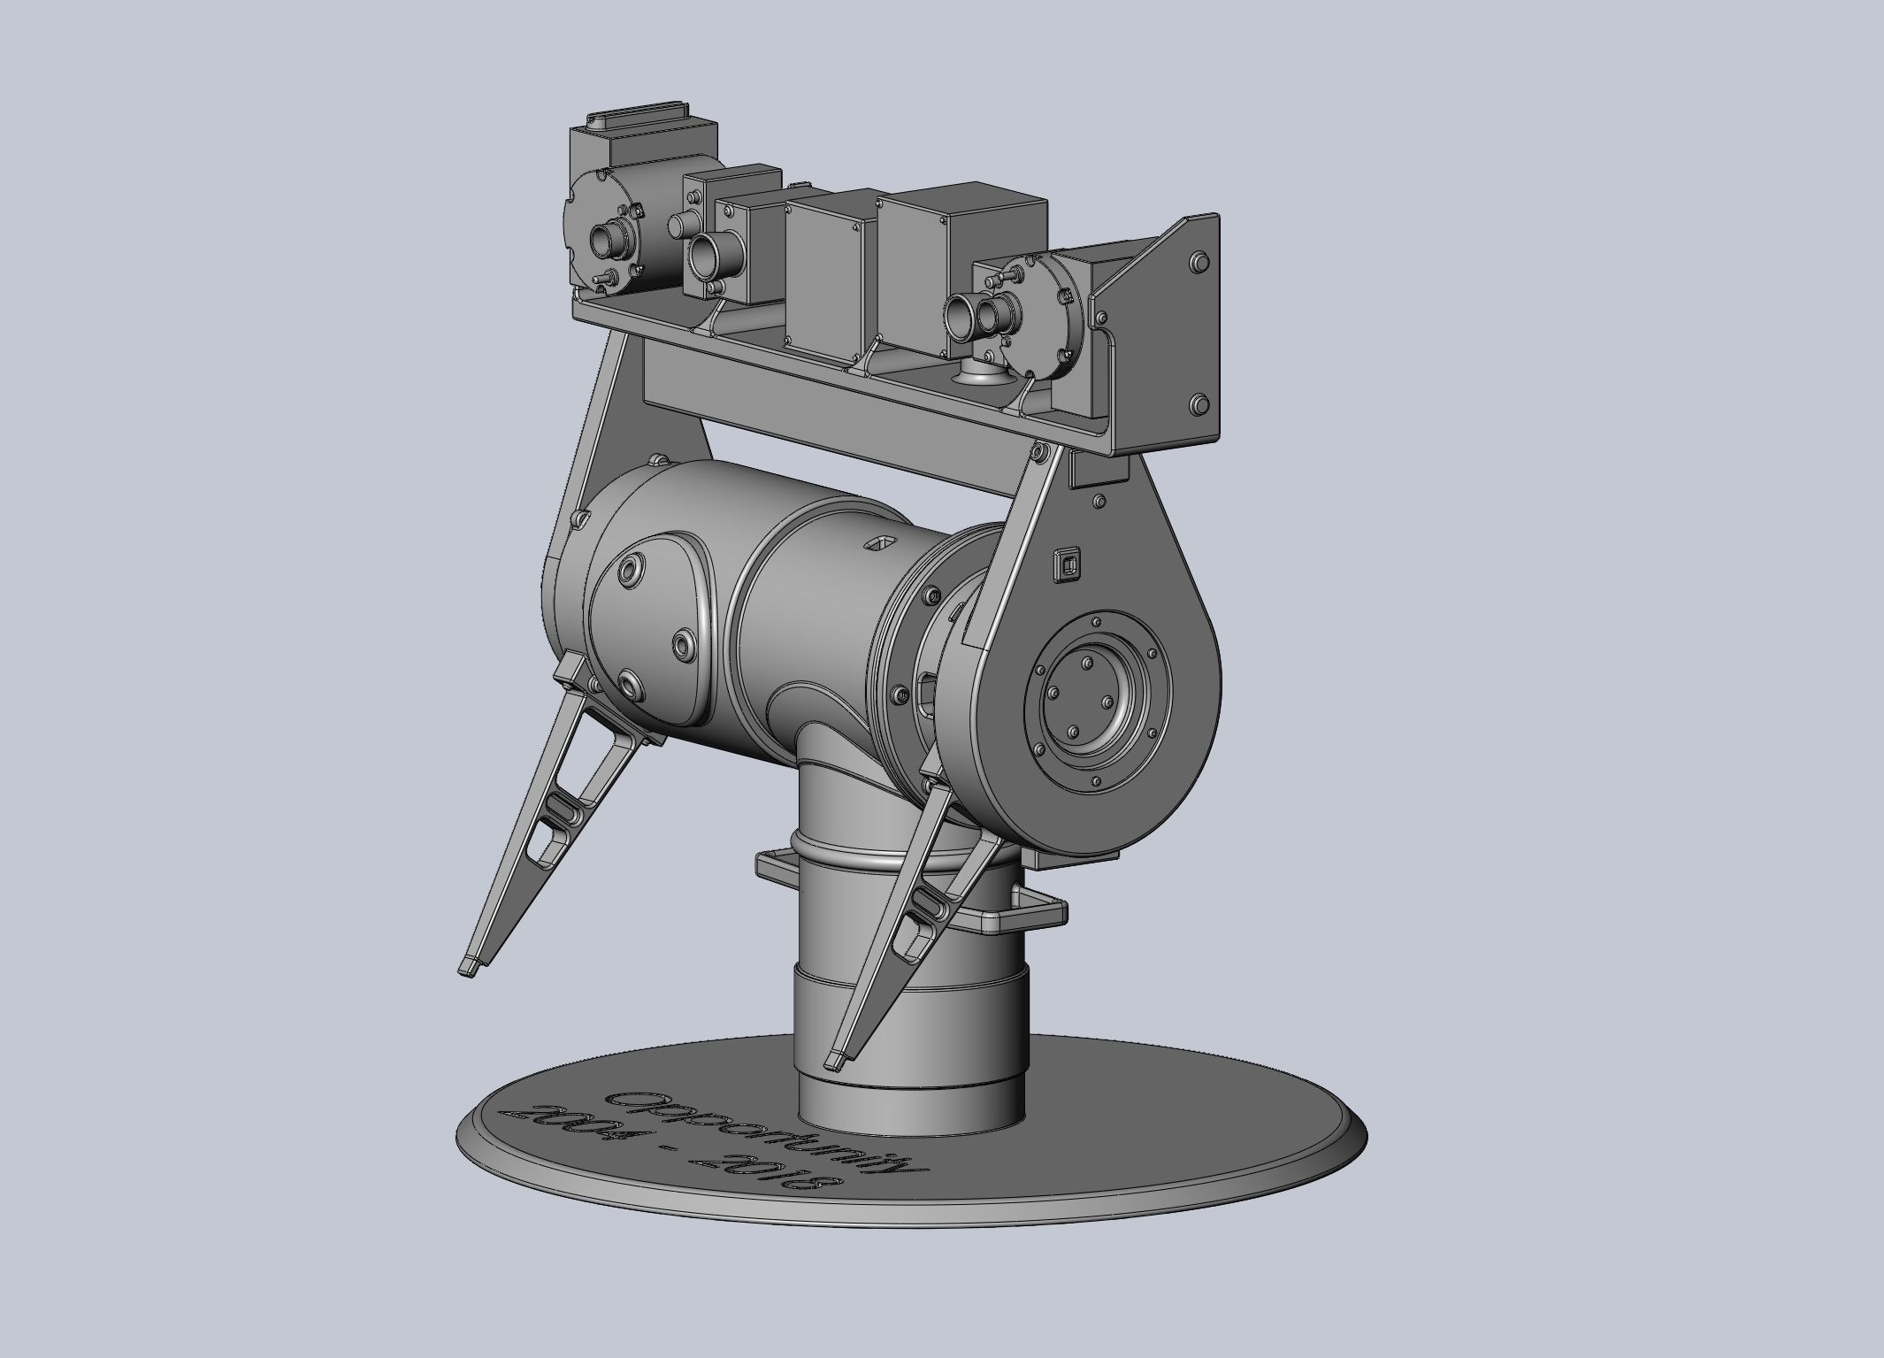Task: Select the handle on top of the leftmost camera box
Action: click(638, 119)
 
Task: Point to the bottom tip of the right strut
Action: click(835, 1057)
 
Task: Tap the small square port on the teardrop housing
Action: click(1065, 564)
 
